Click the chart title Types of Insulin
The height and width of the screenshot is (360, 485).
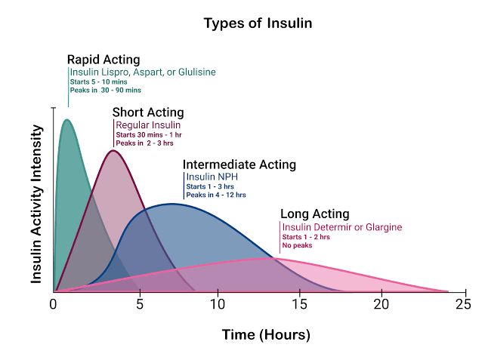click(258, 23)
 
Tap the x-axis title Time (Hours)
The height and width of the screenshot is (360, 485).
click(265, 334)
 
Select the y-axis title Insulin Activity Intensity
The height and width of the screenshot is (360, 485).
click(36, 204)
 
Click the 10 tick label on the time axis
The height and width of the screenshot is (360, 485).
click(218, 304)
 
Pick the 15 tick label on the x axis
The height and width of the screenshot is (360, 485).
click(300, 304)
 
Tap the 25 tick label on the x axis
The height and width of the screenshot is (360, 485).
click(463, 304)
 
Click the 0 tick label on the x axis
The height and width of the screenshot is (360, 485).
click(54, 304)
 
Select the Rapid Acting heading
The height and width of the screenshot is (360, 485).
click(103, 60)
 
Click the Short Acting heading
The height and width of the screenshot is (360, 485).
click(148, 112)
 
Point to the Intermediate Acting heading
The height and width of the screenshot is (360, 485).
click(239, 165)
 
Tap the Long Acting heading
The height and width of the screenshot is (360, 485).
click(314, 214)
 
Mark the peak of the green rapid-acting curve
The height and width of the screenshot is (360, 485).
click(66, 119)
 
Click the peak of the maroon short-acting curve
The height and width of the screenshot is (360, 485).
click(113, 150)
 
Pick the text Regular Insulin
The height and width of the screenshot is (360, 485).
click(148, 125)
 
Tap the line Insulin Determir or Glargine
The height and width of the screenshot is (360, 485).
click(341, 227)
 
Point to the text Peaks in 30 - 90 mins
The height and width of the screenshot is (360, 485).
click(105, 91)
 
